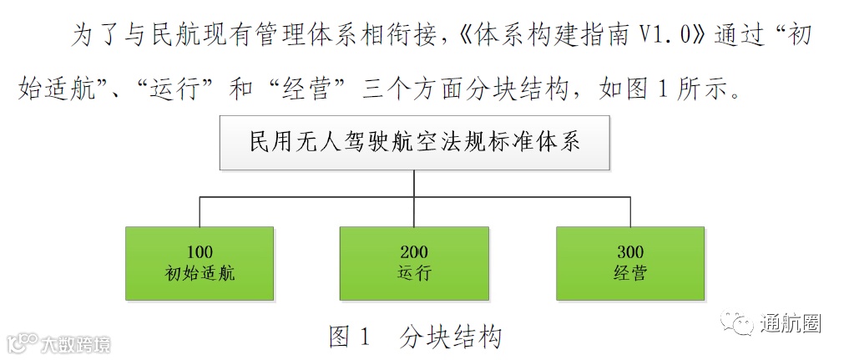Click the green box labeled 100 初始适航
pyautogui.click(x=200, y=262)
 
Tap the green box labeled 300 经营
pyautogui.click(x=630, y=262)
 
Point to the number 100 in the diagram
pyautogui.click(x=200, y=251)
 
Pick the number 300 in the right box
pyautogui.click(x=630, y=251)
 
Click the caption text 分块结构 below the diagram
pyautogui.click(x=452, y=337)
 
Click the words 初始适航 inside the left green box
pyautogui.click(x=200, y=273)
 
